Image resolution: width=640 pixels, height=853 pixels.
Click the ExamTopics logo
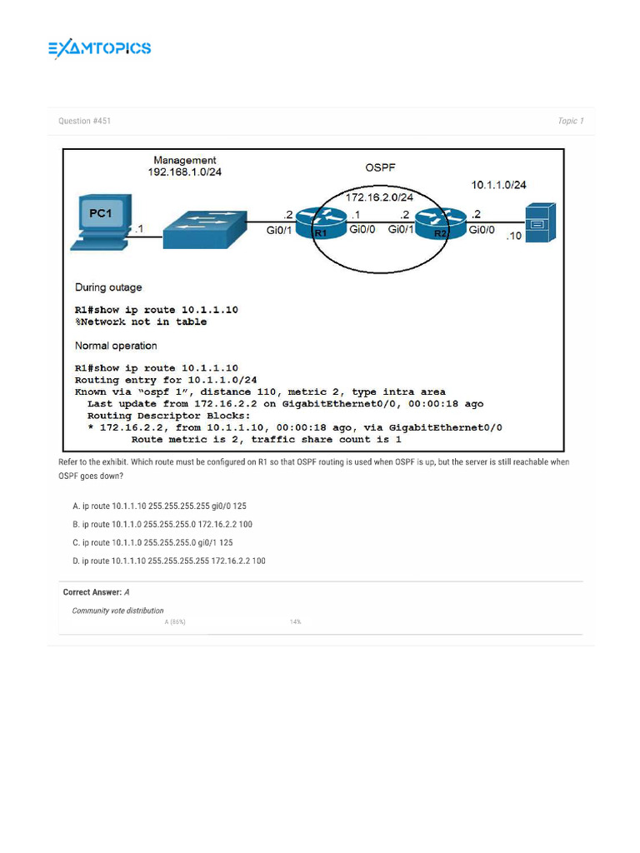point(99,48)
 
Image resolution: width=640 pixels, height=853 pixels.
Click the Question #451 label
point(84,122)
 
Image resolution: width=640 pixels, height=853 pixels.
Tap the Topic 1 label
point(571,122)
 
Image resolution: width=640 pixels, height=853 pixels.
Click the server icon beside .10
point(538,224)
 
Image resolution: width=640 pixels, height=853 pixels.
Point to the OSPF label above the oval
point(381,167)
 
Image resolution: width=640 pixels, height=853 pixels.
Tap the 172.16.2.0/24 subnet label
point(379,197)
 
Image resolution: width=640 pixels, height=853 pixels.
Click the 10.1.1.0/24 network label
point(498,185)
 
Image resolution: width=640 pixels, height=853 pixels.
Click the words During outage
point(108,287)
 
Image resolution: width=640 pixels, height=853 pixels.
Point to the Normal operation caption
point(116,346)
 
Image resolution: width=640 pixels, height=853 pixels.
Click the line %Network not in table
point(141,322)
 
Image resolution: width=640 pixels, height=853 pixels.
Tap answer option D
point(168,561)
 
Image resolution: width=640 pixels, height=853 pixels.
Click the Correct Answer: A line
point(97,593)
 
